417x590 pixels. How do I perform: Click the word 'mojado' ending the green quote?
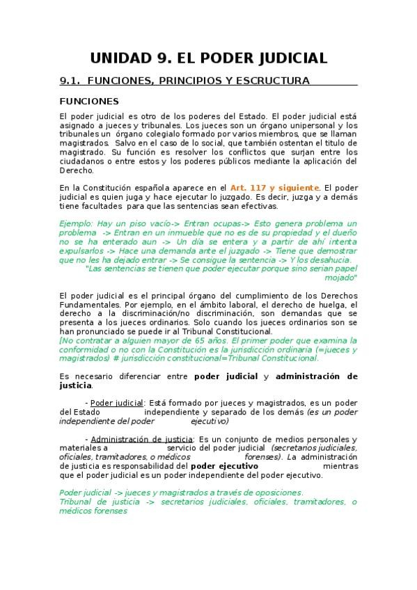[x=340, y=278]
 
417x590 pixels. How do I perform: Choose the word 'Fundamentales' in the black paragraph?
[x=91, y=305]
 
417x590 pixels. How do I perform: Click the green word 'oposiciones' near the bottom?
[x=276, y=493]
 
